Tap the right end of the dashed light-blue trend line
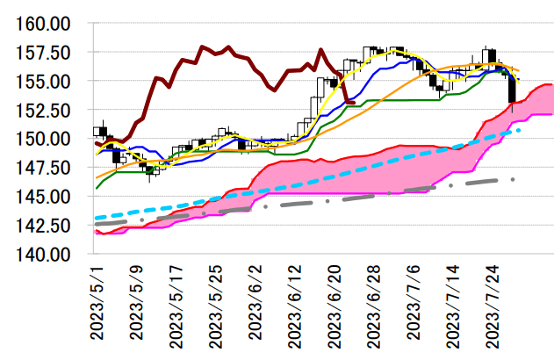521,129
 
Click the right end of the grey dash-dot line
514,179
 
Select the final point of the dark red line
354,103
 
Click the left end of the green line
96,187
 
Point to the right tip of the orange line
519,71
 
